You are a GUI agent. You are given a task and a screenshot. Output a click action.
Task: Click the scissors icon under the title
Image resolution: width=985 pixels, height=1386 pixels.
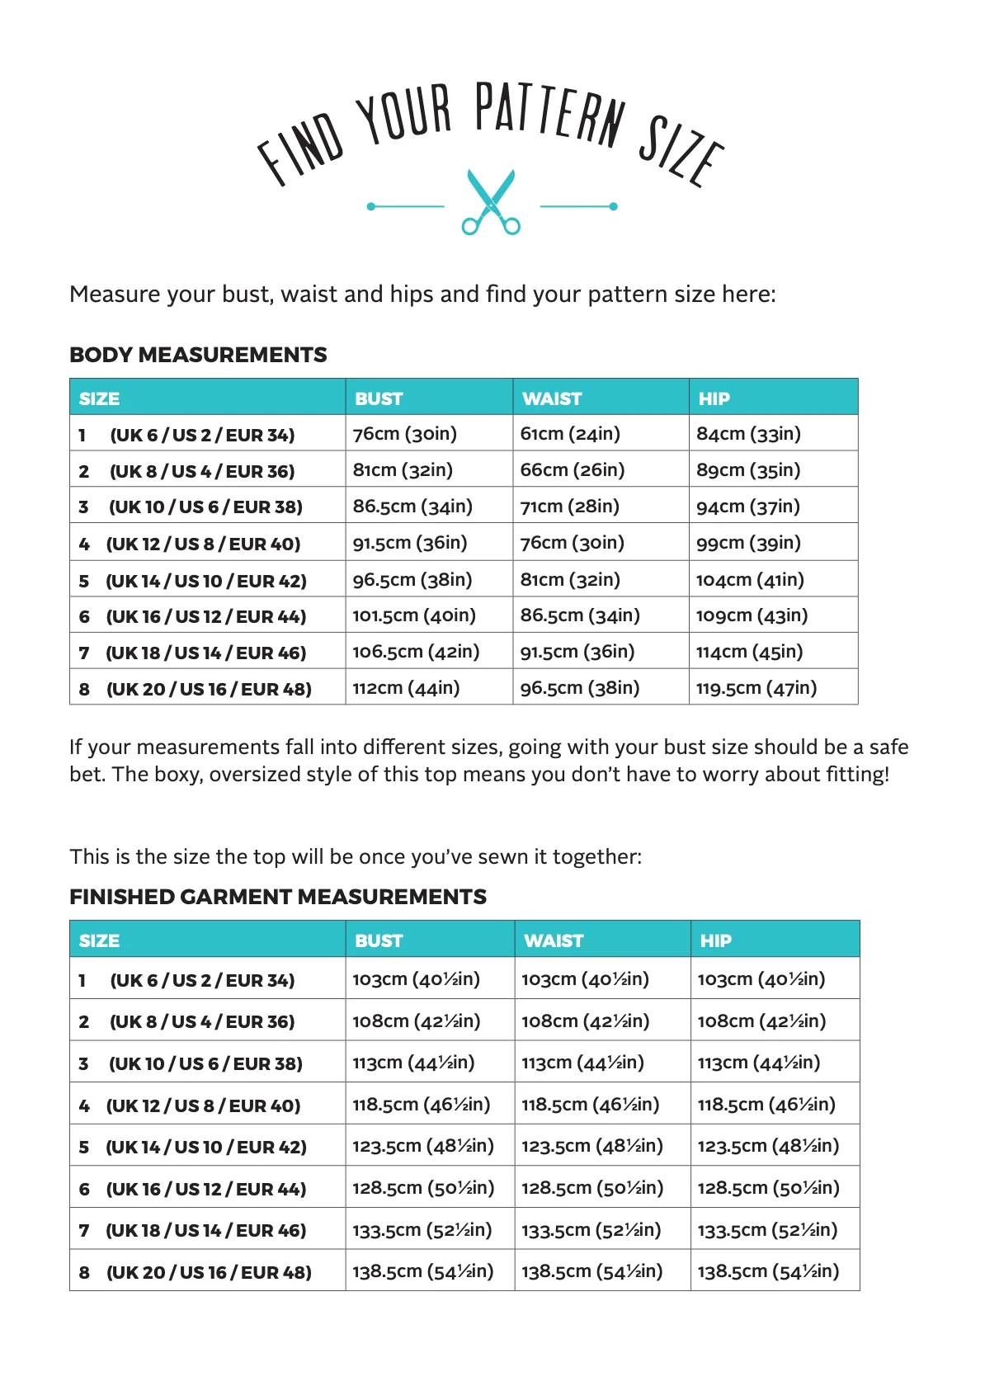point(491,202)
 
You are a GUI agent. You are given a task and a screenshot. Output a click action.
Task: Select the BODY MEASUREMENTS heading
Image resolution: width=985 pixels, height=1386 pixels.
point(198,355)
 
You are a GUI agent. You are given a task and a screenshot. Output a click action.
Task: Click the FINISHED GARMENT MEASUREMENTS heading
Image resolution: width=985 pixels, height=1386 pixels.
point(278,897)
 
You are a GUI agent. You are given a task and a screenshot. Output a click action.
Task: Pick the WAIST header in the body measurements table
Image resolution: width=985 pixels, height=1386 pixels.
point(552,398)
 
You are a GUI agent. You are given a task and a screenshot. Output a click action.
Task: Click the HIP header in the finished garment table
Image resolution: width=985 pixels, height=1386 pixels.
point(715,940)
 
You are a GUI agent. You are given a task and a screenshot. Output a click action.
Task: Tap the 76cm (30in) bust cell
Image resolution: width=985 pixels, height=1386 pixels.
point(404,434)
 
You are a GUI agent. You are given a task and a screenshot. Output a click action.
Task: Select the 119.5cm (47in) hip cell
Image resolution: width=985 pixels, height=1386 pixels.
point(756,688)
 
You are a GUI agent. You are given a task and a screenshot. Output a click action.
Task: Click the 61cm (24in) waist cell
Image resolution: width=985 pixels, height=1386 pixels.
point(570,434)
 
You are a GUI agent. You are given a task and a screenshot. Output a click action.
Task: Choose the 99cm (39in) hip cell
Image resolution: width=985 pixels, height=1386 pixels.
point(748,543)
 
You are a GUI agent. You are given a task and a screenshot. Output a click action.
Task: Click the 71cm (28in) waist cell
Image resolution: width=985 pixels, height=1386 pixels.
point(569,507)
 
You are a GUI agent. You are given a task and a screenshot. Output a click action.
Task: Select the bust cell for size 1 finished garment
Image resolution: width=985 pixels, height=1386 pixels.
point(416,979)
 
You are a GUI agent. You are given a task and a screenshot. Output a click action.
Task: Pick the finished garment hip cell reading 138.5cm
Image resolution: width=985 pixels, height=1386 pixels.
point(768,1271)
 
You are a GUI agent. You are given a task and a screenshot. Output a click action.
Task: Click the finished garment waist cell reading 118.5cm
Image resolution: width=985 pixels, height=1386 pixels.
point(590,1105)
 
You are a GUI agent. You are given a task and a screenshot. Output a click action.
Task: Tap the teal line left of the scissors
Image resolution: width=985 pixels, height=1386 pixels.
point(408,206)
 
